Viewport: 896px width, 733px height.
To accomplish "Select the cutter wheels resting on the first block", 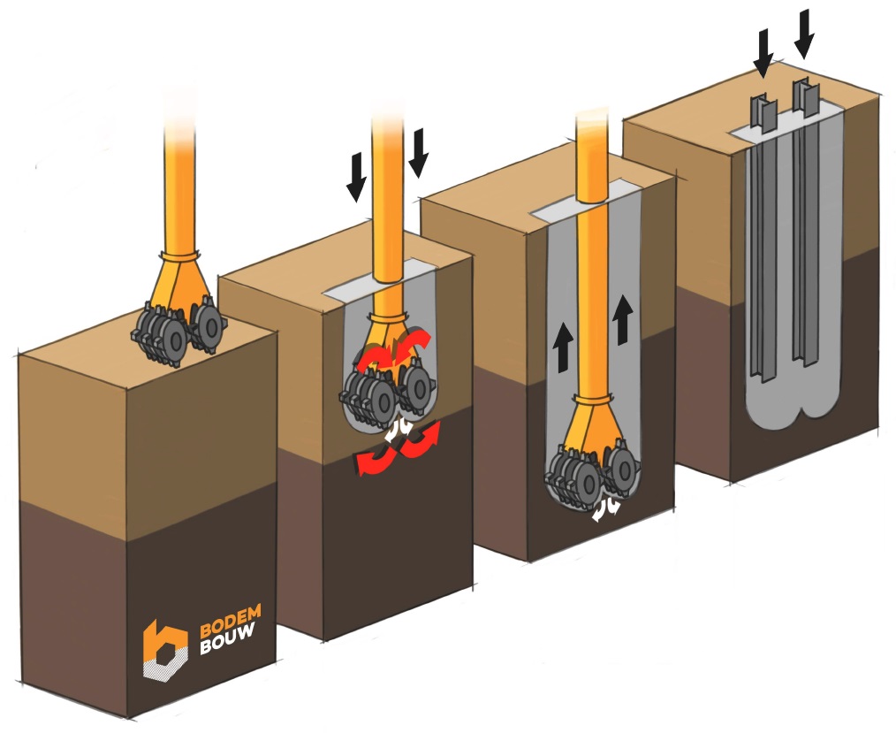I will pos(178,332).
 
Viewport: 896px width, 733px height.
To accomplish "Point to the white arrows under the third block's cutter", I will pos(602,508).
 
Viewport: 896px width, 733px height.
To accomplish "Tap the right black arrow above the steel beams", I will pos(804,31).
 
